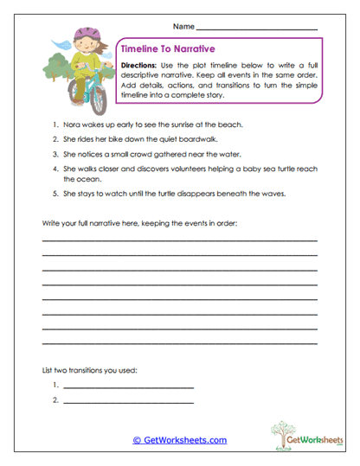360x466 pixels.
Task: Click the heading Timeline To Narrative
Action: click(x=168, y=49)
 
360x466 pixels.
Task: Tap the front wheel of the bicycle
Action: click(x=97, y=102)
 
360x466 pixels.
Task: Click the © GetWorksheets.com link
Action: click(x=179, y=440)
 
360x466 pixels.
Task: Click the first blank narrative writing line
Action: click(x=179, y=239)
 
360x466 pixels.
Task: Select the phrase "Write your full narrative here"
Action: click(x=94, y=224)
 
